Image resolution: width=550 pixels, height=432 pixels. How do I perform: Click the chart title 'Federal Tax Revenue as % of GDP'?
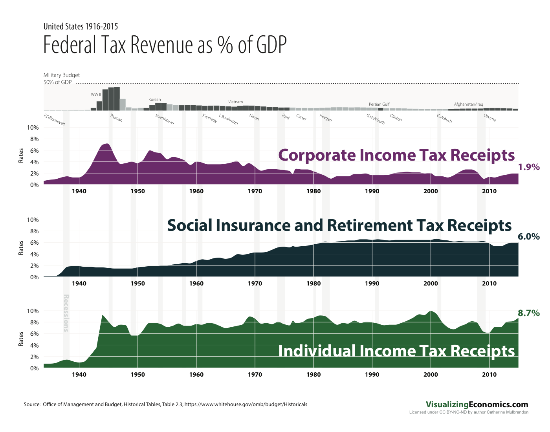point(165,45)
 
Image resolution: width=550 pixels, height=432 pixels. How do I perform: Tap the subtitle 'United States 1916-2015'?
point(81,27)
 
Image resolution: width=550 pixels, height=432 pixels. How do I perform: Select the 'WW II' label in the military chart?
point(96,95)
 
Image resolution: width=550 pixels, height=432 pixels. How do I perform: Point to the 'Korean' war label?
point(154,100)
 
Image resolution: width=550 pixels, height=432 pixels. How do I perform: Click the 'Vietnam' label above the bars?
point(235,102)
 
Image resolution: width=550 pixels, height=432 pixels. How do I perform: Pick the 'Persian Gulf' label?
point(379,104)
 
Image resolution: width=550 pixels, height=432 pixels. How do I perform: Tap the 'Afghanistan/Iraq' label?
point(468,104)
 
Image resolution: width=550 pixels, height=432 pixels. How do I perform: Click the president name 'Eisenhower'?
point(165,119)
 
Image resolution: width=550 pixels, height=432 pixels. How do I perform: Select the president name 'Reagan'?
point(326,118)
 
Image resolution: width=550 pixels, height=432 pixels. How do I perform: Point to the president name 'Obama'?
point(489,117)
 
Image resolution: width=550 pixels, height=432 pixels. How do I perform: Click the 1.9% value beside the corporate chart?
point(529,167)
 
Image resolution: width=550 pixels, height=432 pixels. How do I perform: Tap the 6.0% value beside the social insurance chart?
point(529,237)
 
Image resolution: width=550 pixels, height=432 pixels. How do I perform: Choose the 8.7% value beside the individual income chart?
point(529,313)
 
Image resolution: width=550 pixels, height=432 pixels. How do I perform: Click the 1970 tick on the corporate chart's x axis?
point(255,191)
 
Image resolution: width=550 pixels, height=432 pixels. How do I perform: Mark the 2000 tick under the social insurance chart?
point(431,284)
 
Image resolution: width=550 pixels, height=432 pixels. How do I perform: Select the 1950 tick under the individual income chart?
point(137,375)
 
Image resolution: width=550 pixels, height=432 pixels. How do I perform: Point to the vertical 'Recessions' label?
point(66,313)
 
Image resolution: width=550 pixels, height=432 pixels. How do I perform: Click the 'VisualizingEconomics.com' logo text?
point(477,405)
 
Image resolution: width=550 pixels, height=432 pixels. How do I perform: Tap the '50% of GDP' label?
point(57,82)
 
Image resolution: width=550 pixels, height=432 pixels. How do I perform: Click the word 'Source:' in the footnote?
point(32,404)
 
